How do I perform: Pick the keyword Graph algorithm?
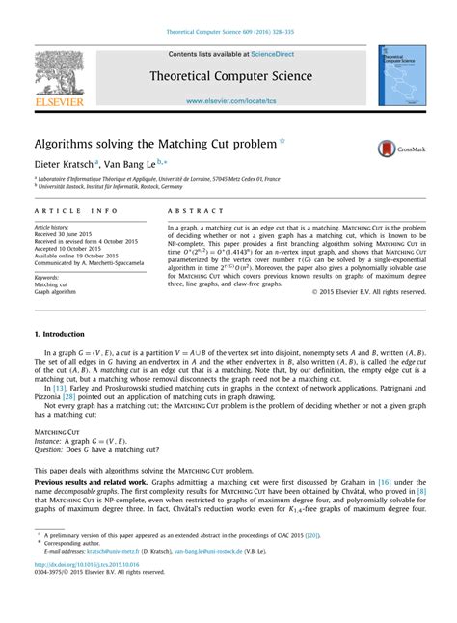[x=57, y=292]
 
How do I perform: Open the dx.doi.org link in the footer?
[x=87, y=589]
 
